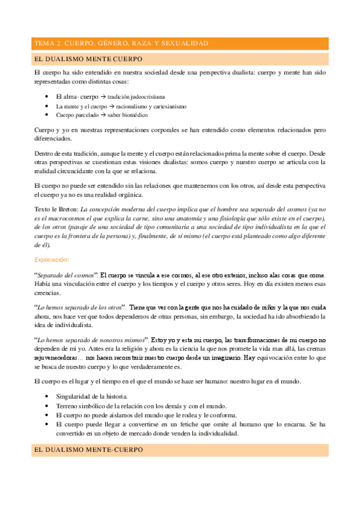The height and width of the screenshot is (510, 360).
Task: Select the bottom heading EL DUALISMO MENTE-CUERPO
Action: (87, 450)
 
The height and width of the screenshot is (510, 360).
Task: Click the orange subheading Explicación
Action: (52, 259)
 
